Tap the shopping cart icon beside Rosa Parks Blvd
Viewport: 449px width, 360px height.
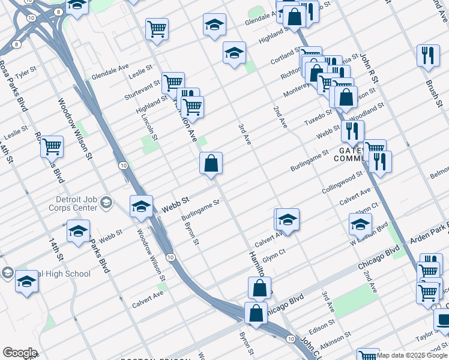click(x=52, y=146)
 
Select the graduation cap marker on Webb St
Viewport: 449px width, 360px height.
click(x=142, y=206)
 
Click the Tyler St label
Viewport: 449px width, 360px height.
click(x=25, y=74)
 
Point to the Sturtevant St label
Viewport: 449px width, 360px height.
click(x=142, y=92)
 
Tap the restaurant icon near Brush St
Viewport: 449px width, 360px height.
click(x=427, y=56)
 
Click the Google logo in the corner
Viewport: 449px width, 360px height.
click(x=19, y=353)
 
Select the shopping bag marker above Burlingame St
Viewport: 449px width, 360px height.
click(x=211, y=163)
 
